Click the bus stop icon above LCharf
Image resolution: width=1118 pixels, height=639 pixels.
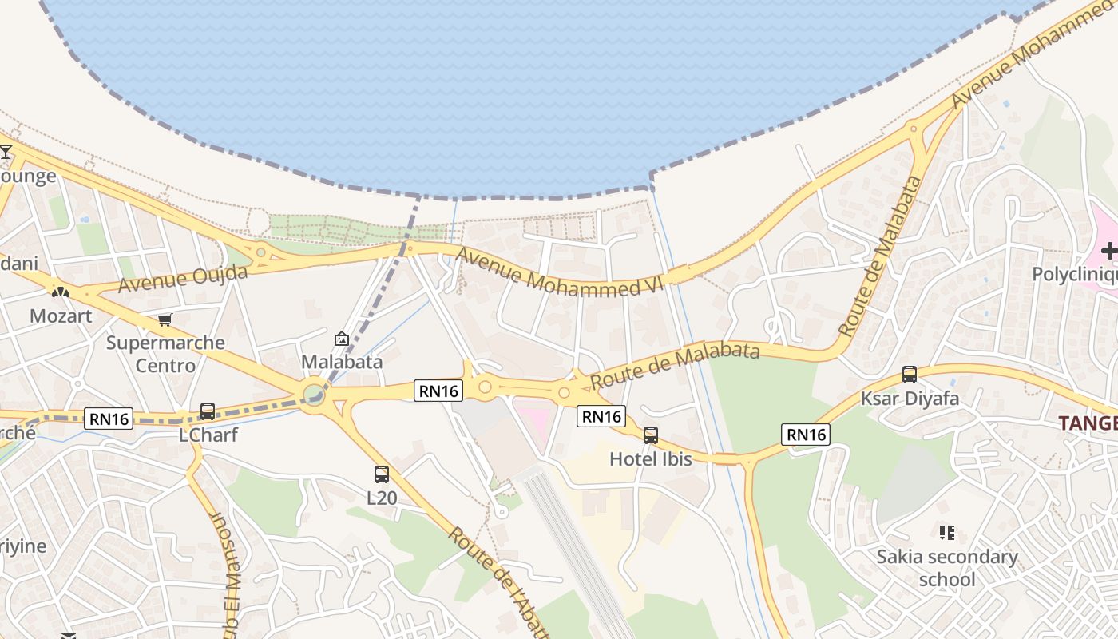tap(208, 411)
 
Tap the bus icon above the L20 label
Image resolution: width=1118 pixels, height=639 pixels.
tap(382, 474)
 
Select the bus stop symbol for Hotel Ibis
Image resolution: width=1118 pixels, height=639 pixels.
tap(651, 435)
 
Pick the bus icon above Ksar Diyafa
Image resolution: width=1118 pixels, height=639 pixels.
tap(910, 374)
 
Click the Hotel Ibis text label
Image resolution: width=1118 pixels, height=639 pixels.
tap(651, 459)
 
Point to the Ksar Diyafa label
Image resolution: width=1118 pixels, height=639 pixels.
tap(910, 398)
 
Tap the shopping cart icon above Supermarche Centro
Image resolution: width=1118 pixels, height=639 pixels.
tap(165, 320)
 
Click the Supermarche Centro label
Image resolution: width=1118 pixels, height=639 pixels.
tap(165, 354)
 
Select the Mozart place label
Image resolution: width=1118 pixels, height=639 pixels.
tap(61, 316)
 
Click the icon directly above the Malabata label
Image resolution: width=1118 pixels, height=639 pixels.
tap(342, 339)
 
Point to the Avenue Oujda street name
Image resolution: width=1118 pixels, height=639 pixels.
tap(182, 278)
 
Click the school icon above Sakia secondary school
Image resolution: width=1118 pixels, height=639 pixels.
tap(947, 532)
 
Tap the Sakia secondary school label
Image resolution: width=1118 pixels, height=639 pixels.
tap(947, 568)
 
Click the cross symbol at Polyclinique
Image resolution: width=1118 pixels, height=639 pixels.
tap(1109, 252)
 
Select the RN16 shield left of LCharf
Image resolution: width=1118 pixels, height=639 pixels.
tap(109, 418)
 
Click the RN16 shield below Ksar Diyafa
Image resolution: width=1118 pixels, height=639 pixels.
tap(807, 435)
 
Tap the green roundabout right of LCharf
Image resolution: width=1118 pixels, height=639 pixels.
tap(313, 394)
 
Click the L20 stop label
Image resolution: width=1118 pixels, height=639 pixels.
tap(382, 498)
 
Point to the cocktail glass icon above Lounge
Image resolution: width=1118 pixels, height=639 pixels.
tap(6, 152)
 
